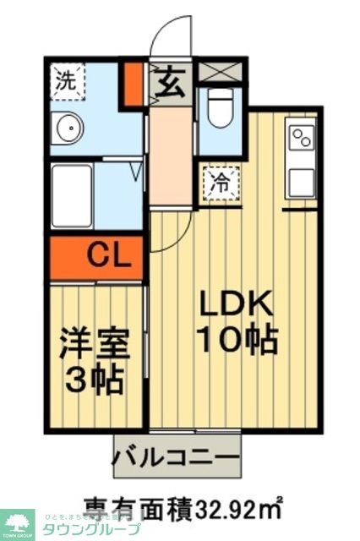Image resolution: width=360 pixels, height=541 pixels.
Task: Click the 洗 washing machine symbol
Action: [x=64, y=81]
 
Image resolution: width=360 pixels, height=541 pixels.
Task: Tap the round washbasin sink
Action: [x=67, y=128]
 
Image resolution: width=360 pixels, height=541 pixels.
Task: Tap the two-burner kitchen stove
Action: [x=302, y=135]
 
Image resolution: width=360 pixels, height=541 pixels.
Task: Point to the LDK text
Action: [x=236, y=303]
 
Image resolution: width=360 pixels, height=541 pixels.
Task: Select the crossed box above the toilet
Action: [x=221, y=72]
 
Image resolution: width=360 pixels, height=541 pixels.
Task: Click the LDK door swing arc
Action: [x=166, y=232]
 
